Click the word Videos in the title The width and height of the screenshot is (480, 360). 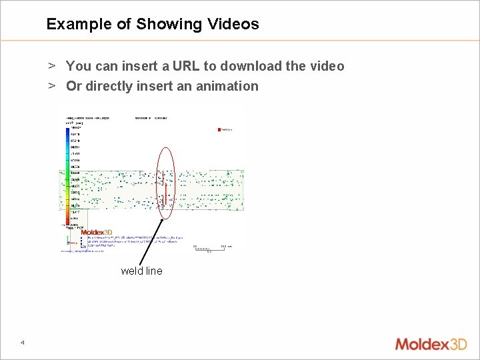coord(232,25)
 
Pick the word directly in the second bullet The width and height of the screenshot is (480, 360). coord(109,86)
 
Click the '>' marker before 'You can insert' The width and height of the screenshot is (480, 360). coord(51,66)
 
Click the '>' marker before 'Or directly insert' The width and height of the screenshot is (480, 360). coord(51,86)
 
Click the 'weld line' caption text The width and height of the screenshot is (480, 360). coord(141,271)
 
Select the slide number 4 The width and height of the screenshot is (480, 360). coord(23,343)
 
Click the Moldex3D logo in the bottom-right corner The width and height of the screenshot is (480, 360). coord(431,344)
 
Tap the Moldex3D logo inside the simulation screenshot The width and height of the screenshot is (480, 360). coord(97,233)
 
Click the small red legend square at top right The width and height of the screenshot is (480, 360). coord(220,129)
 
